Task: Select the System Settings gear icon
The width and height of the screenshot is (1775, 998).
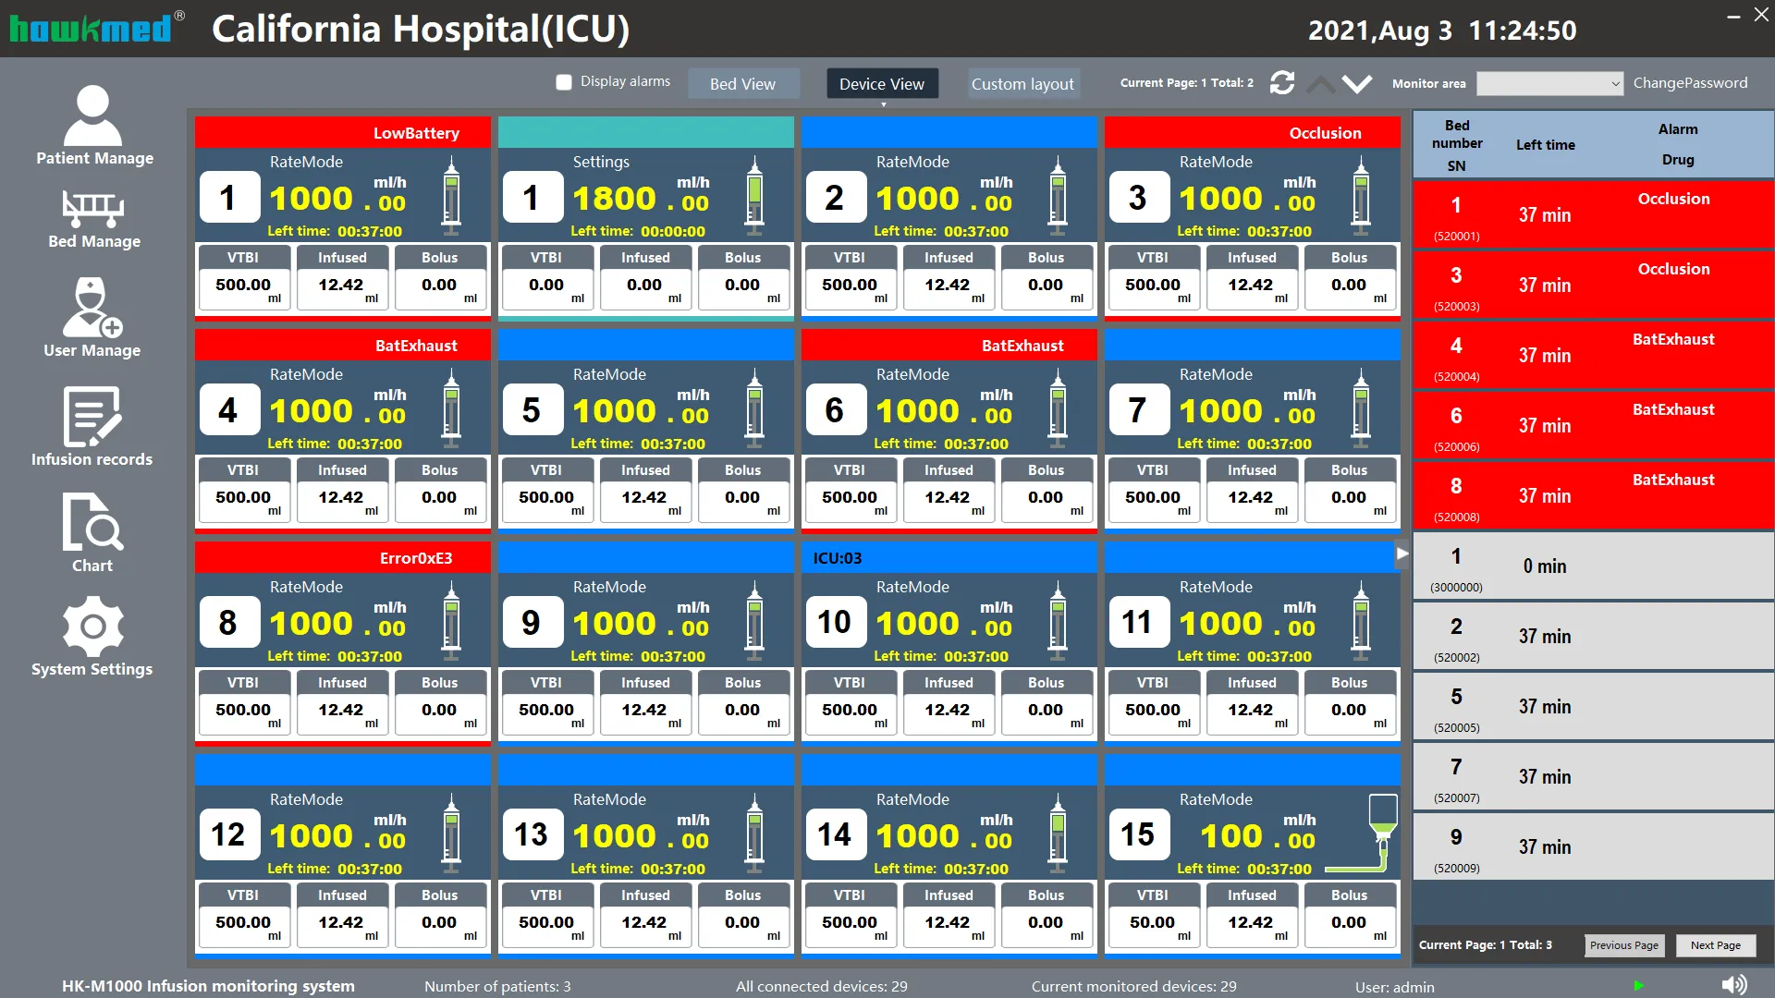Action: tap(92, 627)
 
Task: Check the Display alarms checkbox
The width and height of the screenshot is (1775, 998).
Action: tap(564, 82)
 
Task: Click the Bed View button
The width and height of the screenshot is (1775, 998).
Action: tap(742, 83)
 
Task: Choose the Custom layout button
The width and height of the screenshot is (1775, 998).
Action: tap(1022, 83)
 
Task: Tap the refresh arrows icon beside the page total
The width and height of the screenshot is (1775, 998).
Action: tap(1282, 83)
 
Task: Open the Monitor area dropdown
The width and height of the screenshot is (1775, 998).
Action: tap(1549, 83)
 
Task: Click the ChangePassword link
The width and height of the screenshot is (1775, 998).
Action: tap(1690, 83)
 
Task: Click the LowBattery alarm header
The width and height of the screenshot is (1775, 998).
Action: tap(416, 133)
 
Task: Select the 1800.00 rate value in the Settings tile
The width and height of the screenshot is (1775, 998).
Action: tap(640, 199)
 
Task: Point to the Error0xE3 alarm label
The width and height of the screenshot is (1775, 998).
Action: tap(416, 558)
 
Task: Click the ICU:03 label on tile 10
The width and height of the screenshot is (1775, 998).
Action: tap(838, 558)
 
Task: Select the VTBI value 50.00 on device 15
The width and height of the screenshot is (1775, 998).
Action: tap(1152, 922)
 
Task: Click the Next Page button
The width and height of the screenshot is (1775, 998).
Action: tap(1715, 944)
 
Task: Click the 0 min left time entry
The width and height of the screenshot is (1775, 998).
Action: tap(1544, 566)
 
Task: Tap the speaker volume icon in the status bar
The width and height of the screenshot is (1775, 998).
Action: tap(1734, 985)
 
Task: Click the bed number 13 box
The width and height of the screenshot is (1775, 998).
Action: tap(531, 835)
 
